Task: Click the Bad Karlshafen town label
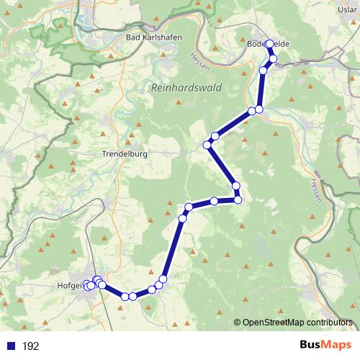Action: point(153,37)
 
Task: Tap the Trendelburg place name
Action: point(125,154)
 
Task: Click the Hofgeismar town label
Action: point(70,287)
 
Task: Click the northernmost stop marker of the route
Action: point(270,44)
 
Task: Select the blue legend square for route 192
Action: point(10,346)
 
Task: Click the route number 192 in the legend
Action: point(30,346)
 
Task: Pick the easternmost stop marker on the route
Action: point(273,58)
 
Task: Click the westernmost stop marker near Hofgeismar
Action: point(86,285)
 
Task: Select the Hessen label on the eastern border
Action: point(315,191)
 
